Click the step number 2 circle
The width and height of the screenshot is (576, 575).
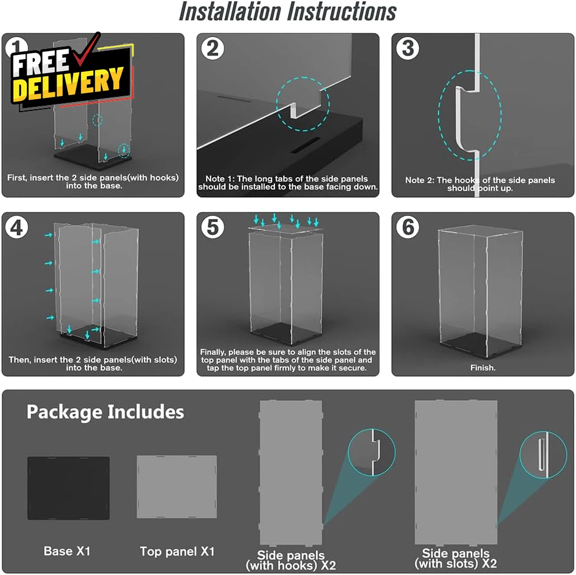[x=212, y=48]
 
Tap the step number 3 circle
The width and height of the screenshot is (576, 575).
[x=408, y=48]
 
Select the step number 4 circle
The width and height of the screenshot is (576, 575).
[x=17, y=227]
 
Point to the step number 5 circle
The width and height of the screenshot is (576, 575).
[x=212, y=227]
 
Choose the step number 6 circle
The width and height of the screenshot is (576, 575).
[x=408, y=227]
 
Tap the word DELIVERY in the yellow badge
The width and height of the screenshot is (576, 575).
[x=68, y=84]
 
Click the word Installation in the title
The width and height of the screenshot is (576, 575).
[x=230, y=12]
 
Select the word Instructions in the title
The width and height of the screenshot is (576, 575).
[x=342, y=12]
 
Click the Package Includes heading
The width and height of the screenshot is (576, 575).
[x=106, y=412]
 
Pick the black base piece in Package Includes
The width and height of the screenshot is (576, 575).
[x=68, y=488]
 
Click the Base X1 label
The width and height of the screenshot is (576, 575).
[x=67, y=551]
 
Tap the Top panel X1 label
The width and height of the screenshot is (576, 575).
[x=177, y=551]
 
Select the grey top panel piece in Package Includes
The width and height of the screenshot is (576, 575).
[x=176, y=487]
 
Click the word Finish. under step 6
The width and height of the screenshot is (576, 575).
[x=483, y=368]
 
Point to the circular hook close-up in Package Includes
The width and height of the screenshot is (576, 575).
[x=371, y=452]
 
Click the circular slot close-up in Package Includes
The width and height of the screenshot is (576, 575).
[x=544, y=455]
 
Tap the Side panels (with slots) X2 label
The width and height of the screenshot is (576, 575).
[x=456, y=558]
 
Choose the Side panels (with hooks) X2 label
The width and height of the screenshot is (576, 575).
[x=290, y=560]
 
